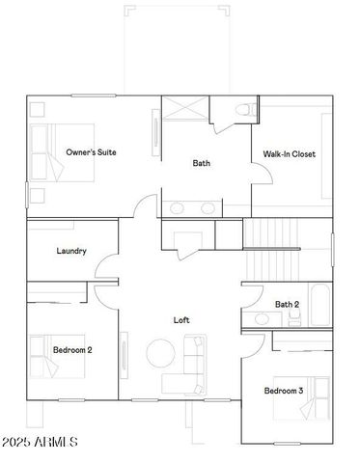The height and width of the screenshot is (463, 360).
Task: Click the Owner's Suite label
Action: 92,152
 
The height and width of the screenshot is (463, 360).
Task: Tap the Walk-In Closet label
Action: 290,154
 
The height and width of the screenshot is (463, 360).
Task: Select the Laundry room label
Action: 72,251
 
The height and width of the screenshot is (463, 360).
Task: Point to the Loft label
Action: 181,320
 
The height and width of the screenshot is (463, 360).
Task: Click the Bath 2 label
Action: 287,305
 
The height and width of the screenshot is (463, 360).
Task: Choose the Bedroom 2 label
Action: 72,350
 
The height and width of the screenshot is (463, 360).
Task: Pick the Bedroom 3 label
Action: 284,390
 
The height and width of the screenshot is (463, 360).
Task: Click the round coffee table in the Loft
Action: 160,353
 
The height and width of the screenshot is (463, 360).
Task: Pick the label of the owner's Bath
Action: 201,163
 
